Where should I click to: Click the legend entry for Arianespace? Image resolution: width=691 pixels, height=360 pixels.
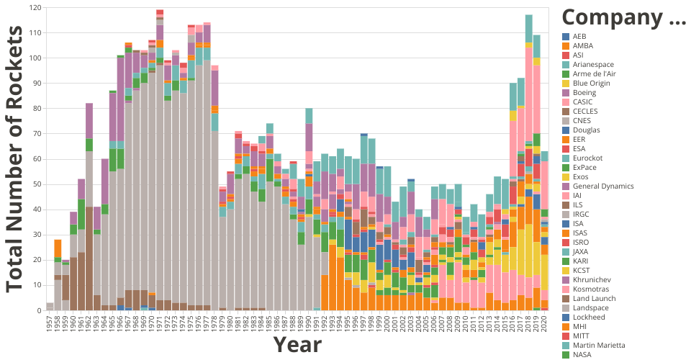[x=590, y=64]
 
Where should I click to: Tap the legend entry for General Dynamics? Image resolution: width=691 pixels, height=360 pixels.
[x=599, y=186]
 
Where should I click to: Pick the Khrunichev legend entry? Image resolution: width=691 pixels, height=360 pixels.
[x=593, y=279]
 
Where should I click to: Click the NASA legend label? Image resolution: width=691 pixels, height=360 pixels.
[x=582, y=354]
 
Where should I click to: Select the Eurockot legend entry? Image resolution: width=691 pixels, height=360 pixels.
[x=587, y=158]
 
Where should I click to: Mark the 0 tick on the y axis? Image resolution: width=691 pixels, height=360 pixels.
[x=40, y=310]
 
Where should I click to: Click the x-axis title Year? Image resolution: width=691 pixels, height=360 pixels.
[x=297, y=345]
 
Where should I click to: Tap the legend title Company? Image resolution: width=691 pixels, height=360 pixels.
[x=623, y=17]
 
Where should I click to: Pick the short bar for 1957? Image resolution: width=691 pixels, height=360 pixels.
[x=50, y=306]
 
